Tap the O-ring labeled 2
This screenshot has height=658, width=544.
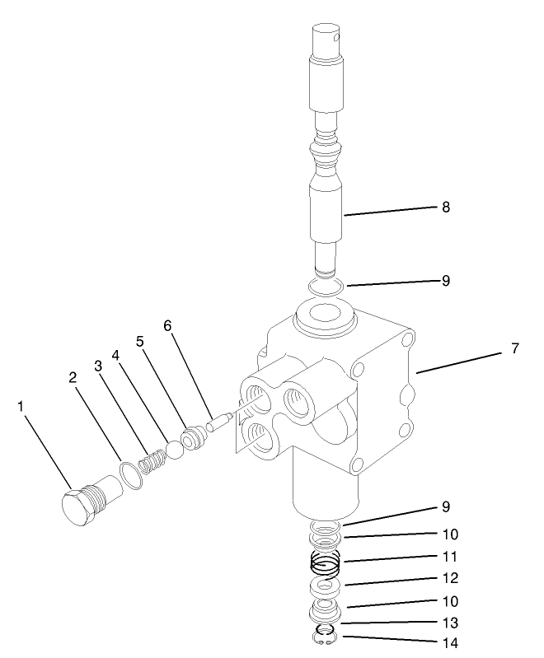130,476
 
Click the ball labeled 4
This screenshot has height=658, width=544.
174,450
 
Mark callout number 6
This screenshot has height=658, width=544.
168,327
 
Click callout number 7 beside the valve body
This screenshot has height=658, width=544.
515,348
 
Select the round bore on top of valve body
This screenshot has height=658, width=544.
321,315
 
